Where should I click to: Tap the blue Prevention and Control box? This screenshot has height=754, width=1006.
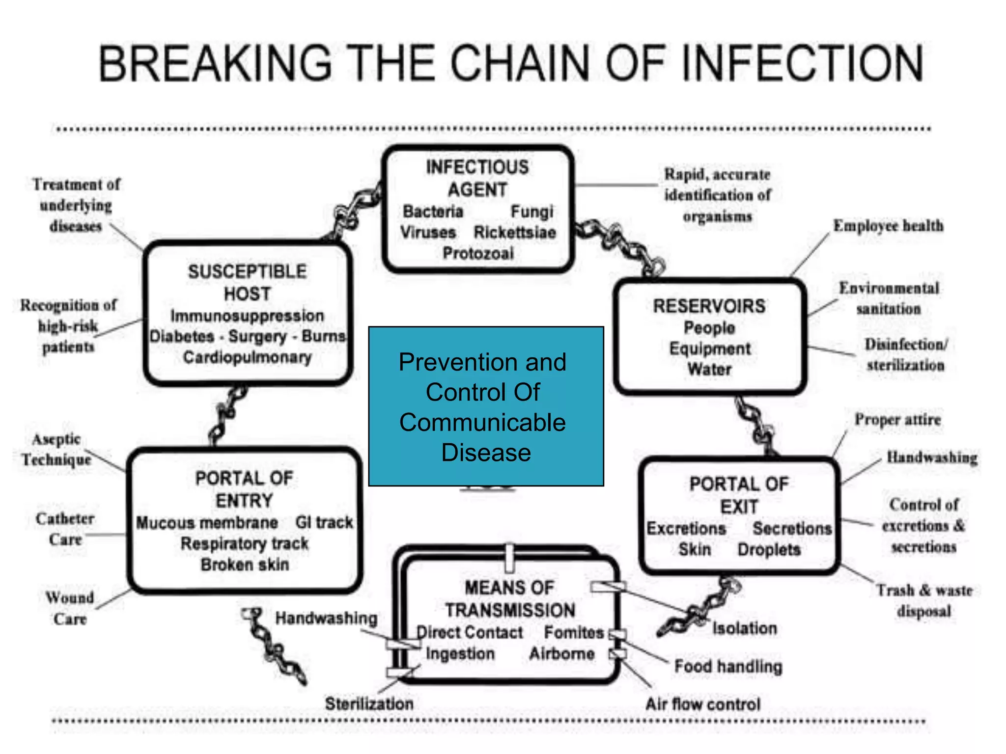(x=485, y=406)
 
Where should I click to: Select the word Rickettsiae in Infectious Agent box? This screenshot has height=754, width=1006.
(x=514, y=232)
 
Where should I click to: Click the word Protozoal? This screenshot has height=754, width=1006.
(x=478, y=253)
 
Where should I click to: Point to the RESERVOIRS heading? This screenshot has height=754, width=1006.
(x=709, y=306)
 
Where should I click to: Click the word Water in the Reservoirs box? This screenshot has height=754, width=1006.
(x=709, y=369)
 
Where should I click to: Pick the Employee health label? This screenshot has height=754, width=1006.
(x=888, y=226)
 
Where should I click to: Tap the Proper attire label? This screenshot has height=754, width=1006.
(x=897, y=420)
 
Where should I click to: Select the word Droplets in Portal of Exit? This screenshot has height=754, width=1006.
(x=769, y=550)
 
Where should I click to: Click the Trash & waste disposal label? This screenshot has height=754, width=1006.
(x=924, y=600)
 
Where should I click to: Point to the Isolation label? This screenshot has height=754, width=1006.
(x=745, y=628)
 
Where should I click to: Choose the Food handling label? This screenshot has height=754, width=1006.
(x=728, y=666)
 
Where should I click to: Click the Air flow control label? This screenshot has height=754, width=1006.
(x=702, y=704)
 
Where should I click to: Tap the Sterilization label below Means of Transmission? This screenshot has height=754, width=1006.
(x=369, y=703)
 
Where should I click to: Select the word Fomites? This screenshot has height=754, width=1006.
(x=573, y=632)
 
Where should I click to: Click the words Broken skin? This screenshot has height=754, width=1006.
(x=245, y=565)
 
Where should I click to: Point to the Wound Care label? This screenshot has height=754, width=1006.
(x=70, y=608)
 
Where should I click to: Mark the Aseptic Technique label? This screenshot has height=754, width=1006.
(x=56, y=449)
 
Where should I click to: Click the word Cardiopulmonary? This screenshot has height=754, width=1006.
(x=247, y=357)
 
